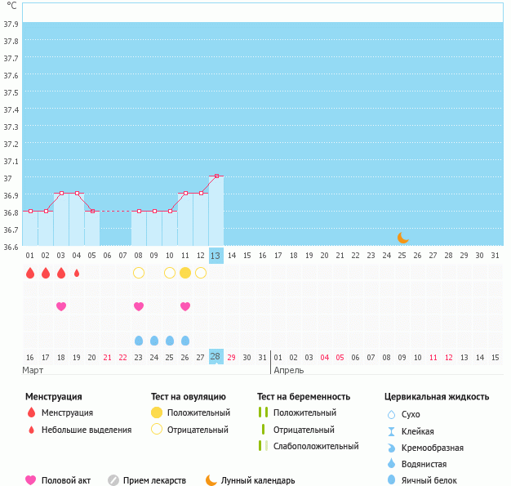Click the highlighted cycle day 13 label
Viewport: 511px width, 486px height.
tap(216, 256)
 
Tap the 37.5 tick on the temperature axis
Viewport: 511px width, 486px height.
tap(11, 92)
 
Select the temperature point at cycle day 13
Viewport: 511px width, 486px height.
tap(216, 176)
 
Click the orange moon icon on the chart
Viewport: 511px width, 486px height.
tap(402, 237)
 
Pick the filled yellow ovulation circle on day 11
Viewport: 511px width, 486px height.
tap(185, 273)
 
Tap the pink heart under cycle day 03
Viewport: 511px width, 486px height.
tap(61, 306)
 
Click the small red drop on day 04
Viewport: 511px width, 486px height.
tap(77, 273)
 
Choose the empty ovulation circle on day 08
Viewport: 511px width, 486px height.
tap(139, 273)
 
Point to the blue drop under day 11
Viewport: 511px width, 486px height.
tap(185, 341)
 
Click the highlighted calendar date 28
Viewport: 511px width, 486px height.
tap(216, 357)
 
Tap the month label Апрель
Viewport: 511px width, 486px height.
tap(289, 370)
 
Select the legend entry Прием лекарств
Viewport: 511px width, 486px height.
tap(154, 480)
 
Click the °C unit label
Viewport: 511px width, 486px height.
tap(11, 6)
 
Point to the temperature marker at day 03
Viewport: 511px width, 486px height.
tap(61, 193)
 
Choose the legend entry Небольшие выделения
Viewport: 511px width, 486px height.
tap(86, 430)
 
